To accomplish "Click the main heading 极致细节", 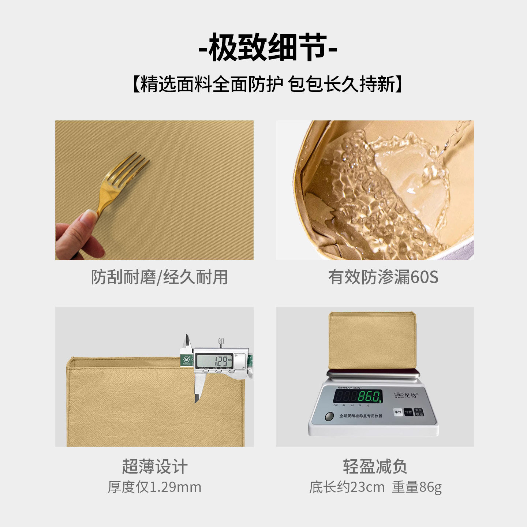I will point(268,48).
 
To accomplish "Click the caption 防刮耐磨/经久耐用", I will point(159,277).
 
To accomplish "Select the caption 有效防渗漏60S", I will point(383,277).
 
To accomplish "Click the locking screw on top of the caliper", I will point(221,342).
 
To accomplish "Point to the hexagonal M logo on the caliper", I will point(186,359).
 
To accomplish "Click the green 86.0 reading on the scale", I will point(369,396).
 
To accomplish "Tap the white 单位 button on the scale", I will point(398,412).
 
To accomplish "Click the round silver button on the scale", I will point(329,416).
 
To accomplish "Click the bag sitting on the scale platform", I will point(372,340).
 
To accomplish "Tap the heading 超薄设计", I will point(155,467).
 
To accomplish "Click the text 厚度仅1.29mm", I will point(154,487).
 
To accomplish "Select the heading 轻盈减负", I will point(375,467).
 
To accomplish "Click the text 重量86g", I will point(417,487).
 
